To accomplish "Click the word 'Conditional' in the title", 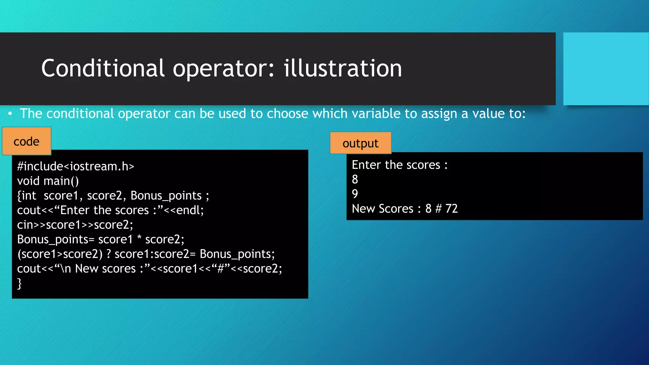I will coord(103,68).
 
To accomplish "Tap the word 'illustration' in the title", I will coord(343,68).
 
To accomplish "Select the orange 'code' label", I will coord(27,141).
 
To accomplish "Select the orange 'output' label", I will coord(360,143).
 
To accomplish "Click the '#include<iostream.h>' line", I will coord(75,166).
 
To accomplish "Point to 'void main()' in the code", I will coord(48,181).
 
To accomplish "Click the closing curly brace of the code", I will coord(19,283).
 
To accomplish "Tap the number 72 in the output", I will coord(451,208).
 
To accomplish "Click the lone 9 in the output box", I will coord(355,194).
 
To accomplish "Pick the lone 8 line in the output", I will coord(355,179).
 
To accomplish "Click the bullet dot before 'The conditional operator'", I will coord(10,113).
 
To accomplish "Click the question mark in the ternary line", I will coord(109,254).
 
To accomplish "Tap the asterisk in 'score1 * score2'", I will coord(139,238).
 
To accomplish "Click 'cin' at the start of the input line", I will coord(25,225).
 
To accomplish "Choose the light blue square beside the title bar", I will coord(606,69).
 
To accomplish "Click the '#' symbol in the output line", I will coord(438,208).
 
